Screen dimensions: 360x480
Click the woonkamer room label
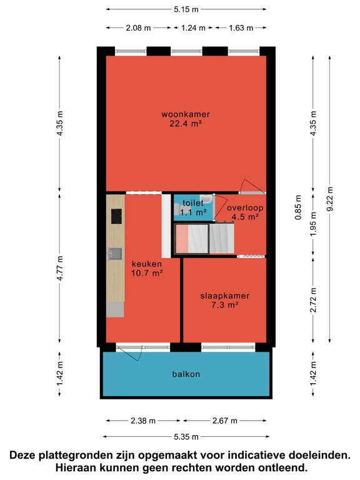tap(186, 114)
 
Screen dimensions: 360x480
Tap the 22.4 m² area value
tap(186, 124)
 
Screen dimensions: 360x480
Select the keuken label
tap(147, 264)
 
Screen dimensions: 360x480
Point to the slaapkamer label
tap(225, 296)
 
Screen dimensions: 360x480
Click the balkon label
tap(186, 374)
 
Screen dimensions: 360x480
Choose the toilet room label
tap(193, 202)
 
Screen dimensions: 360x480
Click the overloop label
tap(245, 208)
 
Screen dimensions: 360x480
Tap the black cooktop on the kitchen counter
tap(116, 216)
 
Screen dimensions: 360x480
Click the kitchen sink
tap(116, 254)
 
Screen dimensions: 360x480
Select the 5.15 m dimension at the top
tap(186, 9)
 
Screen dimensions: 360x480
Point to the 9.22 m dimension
tap(330, 199)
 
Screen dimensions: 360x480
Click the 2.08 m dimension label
tap(138, 28)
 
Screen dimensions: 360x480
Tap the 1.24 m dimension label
tap(193, 28)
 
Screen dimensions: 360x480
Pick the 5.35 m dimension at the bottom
tap(186, 437)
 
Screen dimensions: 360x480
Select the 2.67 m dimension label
tap(225, 421)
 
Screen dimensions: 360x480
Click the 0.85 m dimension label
tap(298, 207)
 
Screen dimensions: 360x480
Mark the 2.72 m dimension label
tap(313, 300)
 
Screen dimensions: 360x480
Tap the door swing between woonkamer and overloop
tap(252, 186)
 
